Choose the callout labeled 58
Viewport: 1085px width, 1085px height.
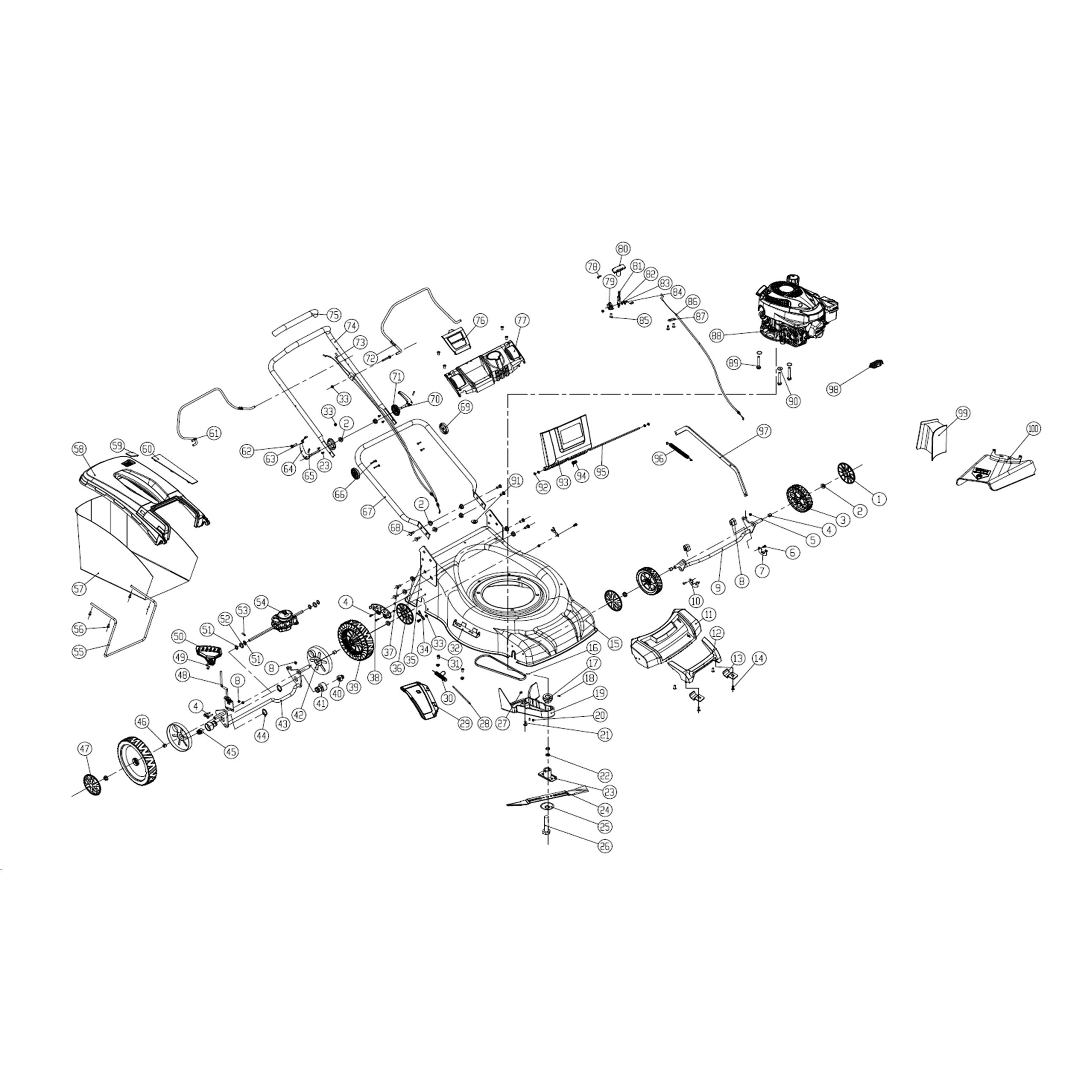(x=79, y=449)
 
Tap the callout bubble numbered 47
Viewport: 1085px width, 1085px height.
(x=84, y=749)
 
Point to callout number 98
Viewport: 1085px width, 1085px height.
(x=833, y=389)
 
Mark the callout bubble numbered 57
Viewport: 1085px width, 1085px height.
(x=79, y=589)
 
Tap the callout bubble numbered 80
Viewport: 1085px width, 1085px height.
(x=623, y=248)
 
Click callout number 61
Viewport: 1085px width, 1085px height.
(x=214, y=433)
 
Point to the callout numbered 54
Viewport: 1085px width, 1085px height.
(x=261, y=601)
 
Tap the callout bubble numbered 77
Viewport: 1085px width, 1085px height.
(x=522, y=321)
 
